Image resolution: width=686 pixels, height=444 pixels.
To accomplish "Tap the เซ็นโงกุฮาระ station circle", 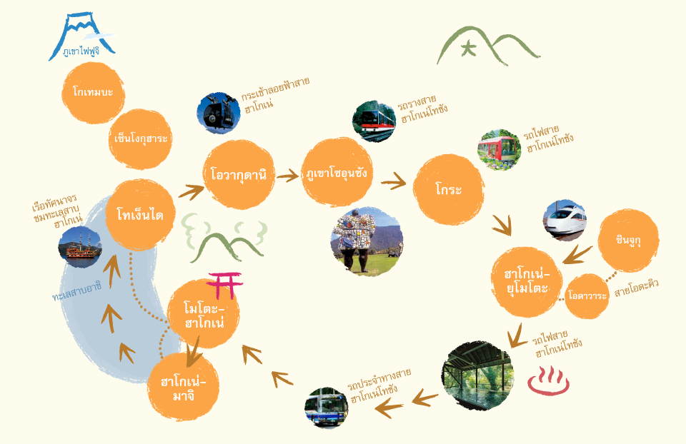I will click(141, 138).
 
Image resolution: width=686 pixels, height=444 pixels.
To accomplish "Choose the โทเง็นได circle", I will click(140, 214).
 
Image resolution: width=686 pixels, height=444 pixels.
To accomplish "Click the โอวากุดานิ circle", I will click(239, 174).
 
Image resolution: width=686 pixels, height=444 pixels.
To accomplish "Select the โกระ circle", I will click(449, 189).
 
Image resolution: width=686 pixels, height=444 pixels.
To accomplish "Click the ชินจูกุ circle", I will click(628, 241).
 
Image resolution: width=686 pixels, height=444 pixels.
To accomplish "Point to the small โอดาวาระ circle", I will click(588, 295).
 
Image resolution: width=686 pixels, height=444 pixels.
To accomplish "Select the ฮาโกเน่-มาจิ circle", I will click(183, 387).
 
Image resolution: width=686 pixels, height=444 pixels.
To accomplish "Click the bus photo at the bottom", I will click(326, 408).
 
